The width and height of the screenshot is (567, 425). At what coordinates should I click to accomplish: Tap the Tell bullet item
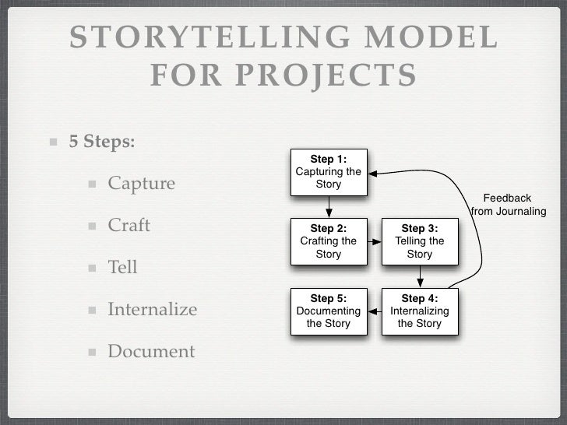pyautogui.click(x=122, y=268)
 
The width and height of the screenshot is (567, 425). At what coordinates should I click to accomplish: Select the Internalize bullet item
pyautogui.click(x=152, y=310)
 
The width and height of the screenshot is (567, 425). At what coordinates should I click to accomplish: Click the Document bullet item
pyautogui.click(x=150, y=352)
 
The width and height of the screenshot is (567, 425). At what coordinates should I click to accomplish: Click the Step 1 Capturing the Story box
pyautogui.click(x=329, y=172)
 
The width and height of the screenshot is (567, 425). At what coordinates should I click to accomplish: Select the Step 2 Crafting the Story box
pyautogui.click(x=329, y=241)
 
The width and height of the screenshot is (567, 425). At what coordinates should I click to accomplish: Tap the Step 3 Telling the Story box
pyautogui.click(x=420, y=241)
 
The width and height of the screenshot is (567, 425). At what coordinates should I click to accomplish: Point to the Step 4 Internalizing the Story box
pyautogui.click(x=420, y=311)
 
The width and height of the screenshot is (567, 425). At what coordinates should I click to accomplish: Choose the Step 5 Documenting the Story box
pyautogui.click(x=329, y=311)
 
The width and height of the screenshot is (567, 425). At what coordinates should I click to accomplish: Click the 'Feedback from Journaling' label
pyautogui.click(x=509, y=205)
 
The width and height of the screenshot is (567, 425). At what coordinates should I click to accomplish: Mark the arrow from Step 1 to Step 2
pyautogui.click(x=329, y=206)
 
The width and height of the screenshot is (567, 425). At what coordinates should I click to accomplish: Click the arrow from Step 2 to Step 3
pyautogui.click(x=375, y=241)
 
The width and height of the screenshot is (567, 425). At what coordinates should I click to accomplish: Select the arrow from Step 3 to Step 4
pyautogui.click(x=420, y=276)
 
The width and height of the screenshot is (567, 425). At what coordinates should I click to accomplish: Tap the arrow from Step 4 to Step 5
pyautogui.click(x=375, y=311)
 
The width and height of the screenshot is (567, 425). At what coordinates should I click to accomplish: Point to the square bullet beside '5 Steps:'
pyautogui.click(x=54, y=143)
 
